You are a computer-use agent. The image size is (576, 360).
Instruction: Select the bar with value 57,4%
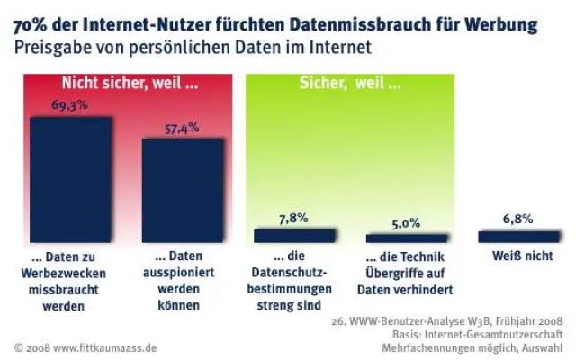pyautogui.click(x=182, y=190)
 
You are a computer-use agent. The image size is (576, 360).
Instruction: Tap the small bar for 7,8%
pyautogui.click(x=294, y=236)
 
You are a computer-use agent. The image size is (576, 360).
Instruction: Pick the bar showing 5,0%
pyautogui.click(x=405, y=238)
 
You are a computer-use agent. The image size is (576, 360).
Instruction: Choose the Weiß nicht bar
pyautogui.click(x=517, y=237)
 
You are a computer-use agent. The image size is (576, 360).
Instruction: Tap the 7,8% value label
pyautogui.click(x=294, y=217)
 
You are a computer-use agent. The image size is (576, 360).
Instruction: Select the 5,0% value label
pyautogui.click(x=405, y=222)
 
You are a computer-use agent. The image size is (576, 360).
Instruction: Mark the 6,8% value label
pyautogui.click(x=517, y=218)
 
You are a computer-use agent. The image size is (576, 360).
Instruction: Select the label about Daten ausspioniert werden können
pyautogui.click(x=182, y=281)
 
